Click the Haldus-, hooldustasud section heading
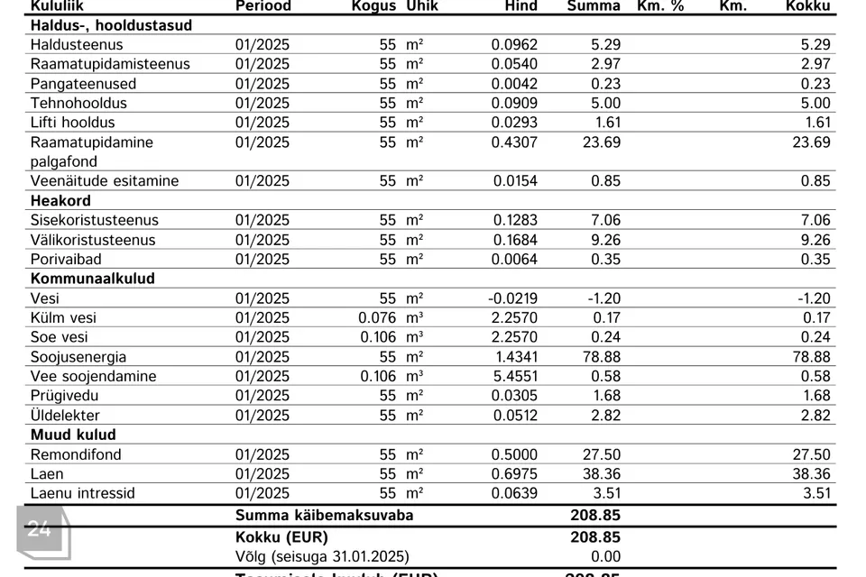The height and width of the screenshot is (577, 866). click(111, 25)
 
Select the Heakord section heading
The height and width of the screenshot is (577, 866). click(60, 200)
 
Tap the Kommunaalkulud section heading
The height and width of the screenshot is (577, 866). click(93, 279)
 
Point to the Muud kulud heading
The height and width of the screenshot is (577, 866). click(73, 435)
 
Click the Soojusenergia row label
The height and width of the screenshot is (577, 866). click(78, 357)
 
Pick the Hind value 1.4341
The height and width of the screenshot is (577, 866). click(514, 357)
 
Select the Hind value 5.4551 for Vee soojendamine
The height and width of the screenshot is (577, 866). click(514, 376)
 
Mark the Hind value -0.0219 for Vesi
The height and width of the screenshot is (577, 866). click(512, 298)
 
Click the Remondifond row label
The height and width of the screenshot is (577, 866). click(76, 454)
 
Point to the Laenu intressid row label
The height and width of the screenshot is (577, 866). click(83, 493)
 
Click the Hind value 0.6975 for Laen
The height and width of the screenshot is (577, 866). click(514, 473)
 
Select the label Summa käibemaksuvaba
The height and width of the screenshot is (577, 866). click(324, 516)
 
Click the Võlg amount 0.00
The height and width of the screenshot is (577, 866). click(605, 556)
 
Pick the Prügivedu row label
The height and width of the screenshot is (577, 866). click(65, 396)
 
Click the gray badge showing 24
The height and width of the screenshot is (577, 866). click(40, 529)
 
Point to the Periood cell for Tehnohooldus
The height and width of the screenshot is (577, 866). click(263, 103)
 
